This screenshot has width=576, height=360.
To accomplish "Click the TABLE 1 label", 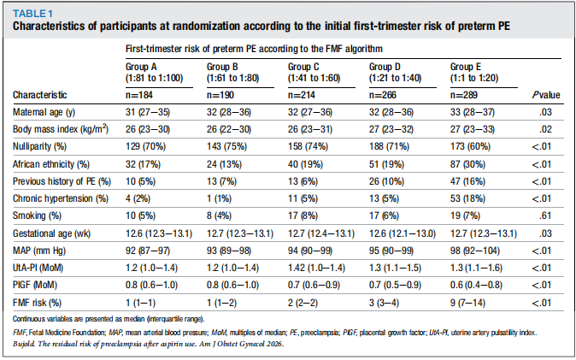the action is pyautogui.click(x=32, y=14).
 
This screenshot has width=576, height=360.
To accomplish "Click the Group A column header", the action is pyautogui.click(x=155, y=73).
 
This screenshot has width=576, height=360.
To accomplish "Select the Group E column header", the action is pyautogui.click(x=474, y=73).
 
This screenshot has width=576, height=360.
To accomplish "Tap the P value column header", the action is pyautogui.click(x=546, y=95).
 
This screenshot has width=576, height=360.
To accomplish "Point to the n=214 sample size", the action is pyautogui.click(x=301, y=95).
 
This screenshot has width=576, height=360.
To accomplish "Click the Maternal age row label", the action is pyautogui.click(x=44, y=112).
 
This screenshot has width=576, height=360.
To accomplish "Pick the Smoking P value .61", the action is pyautogui.click(x=545, y=215).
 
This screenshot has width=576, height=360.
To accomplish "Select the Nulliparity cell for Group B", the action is pyautogui.click(x=226, y=146).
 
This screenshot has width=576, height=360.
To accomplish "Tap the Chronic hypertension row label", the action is pyautogui.click(x=61, y=198).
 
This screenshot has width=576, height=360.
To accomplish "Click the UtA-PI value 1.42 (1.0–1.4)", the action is pyautogui.click(x=316, y=268).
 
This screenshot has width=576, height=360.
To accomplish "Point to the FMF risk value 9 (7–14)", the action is pyautogui.click(x=467, y=303).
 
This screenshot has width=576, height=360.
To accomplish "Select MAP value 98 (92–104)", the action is pyautogui.click(x=475, y=251).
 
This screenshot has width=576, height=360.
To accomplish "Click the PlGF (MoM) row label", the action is pyautogui.click(x=35, y=285).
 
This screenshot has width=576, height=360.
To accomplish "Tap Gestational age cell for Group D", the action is pyautogui.click(x=403, y=233).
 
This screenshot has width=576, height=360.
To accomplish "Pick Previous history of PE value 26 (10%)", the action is pyautogui.click(x=386, y=181).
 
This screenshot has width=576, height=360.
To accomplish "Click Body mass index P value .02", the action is pyautogui.click(x=545, y=129).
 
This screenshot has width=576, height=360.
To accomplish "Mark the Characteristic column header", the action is pyautogui.click(x=40, y=95).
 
